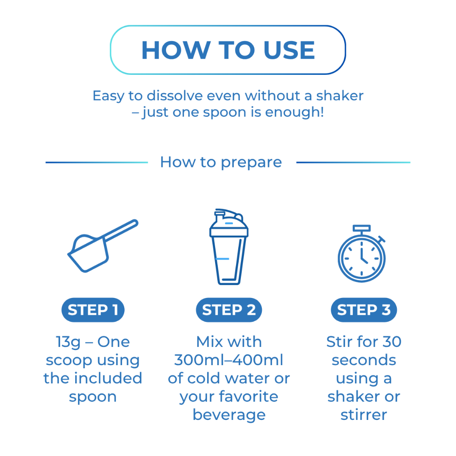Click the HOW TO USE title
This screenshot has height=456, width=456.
[x=228, y=50]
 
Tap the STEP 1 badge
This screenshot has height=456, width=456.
[x=93, y=310]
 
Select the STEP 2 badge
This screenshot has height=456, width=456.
[x=229, y=310]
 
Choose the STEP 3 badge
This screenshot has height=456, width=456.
[x=364, y=310]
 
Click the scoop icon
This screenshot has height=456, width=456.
[x=87, y=256]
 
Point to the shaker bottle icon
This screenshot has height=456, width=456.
[x=229, y=247]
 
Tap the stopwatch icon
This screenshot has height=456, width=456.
[x=362, y=253]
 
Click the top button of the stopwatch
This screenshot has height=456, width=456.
[x=362, y=228]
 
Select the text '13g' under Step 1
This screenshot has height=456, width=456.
[x=68, y=342]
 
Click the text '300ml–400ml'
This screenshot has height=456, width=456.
[x=228, y=360]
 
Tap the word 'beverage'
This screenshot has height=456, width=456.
[x=229, y=415]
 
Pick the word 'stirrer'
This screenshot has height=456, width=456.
[x=364, y=415]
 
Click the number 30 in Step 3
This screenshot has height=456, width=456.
[x=392, y=342]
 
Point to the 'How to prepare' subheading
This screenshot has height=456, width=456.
[x=221, y=162]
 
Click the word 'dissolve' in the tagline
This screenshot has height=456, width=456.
[x=175, y=96]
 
